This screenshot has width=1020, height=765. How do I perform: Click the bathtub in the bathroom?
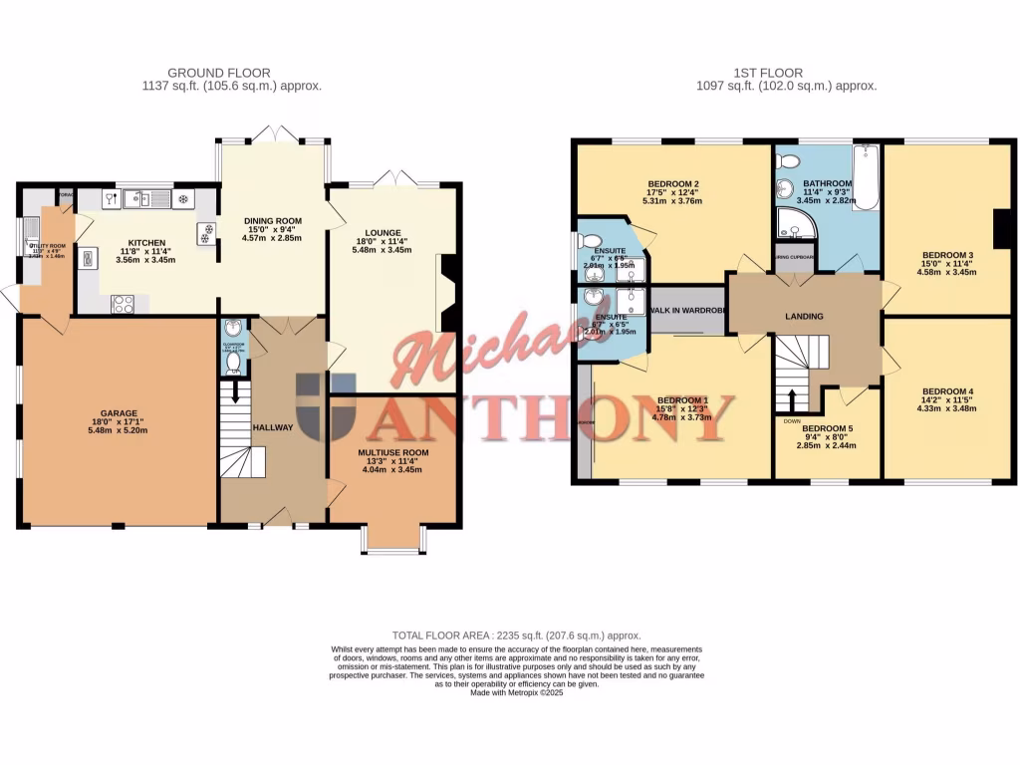[865, 177]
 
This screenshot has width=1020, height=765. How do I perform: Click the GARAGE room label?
[118, 413]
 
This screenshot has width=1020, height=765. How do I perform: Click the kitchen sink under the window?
[147, 199]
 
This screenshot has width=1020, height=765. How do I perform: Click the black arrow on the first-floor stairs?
[793, 397]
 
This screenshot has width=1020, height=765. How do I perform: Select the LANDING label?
[804, 317]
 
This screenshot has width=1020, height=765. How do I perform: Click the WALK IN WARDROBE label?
[687, 311]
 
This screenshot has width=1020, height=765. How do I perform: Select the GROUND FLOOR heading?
[218, 73]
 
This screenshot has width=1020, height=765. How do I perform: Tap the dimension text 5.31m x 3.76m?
[672, 201]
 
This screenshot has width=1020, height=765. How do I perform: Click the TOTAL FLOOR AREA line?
[516, 635]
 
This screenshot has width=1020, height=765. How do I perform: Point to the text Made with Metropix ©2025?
[516, 692]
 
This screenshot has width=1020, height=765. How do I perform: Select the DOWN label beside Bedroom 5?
[792, 420]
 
